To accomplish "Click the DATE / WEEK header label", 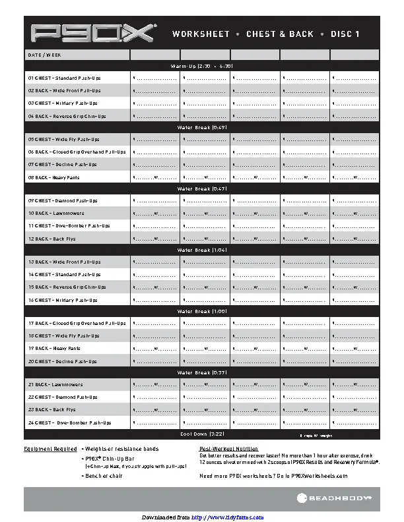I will point(44,55).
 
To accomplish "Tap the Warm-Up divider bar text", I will point(201,67).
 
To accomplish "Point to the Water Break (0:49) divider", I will point(201,127).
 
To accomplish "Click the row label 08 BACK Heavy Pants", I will point(53,177).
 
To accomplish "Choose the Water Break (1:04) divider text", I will point(201,250).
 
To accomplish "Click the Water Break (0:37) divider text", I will point(201,373).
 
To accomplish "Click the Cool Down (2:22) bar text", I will point(201,434).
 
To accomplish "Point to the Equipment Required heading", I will point(50,449).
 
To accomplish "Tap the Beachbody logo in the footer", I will point(340,499).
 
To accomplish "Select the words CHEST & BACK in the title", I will point(280,34).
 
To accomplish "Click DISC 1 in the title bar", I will point(345,34).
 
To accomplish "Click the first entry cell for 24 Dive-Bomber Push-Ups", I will point(154,422).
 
